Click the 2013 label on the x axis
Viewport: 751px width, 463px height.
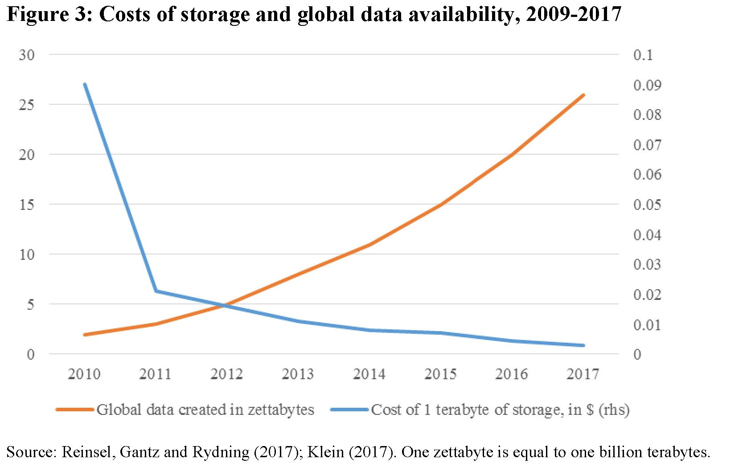coord(298,374)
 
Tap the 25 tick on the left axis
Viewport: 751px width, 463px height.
coord(27,105)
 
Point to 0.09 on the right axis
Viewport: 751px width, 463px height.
coord(647,85)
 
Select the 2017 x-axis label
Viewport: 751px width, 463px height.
coord(583,374)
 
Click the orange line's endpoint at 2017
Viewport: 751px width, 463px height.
coord(583,95)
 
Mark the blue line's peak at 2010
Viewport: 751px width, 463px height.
coord(85,85)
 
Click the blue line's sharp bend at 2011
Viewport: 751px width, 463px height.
coord(156,291)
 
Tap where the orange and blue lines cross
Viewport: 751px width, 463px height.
coord(222,305)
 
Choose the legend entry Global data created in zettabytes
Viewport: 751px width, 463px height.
coord(205,410)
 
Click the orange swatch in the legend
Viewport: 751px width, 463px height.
coord(74,410)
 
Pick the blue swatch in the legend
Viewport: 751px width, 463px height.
coord(349,410)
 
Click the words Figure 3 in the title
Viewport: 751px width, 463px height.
coord(49,14)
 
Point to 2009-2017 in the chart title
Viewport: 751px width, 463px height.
coord(574,14)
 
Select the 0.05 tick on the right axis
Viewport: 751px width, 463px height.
coord(647,205)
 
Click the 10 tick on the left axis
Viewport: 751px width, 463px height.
coord(27,254)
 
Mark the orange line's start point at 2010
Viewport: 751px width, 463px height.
coord(85,334)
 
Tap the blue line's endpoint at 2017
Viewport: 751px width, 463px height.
coord(583,345)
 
